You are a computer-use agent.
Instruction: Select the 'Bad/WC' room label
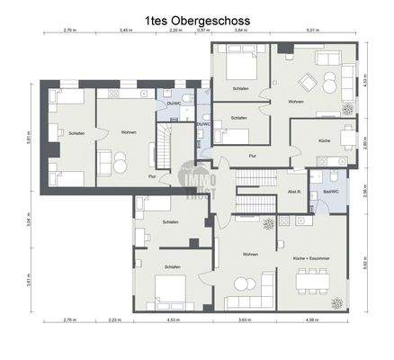click(323, 192)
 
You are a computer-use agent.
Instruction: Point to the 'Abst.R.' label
click(293, 192)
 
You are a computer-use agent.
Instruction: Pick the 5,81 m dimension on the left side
click(30, 138)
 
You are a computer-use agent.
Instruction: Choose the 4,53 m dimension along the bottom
click(170, 319)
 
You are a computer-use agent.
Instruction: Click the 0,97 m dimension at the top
click(203, 30)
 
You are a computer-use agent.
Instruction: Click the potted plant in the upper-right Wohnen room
click(346, 110)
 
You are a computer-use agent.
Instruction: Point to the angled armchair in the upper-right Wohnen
click(309, 85)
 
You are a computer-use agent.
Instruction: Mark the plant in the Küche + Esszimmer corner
click(337, 301)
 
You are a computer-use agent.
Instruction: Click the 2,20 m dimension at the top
click(175, 30)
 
